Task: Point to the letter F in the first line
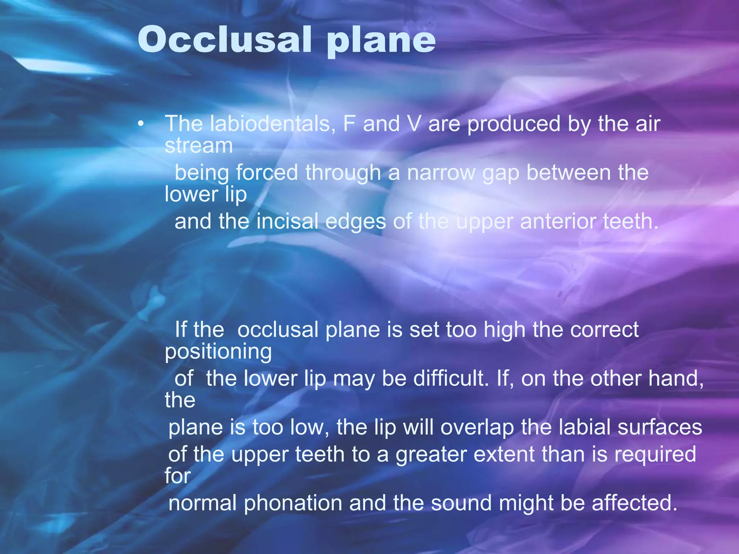(x=349, y=124)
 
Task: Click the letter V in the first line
(x=414, y=124)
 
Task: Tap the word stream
(x=199, y=146)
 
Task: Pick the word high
(x=504, y=330)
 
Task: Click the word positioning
(x=218, y=352)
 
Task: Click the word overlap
(x=477, y=427)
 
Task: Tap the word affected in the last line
(x=634, y=503)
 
